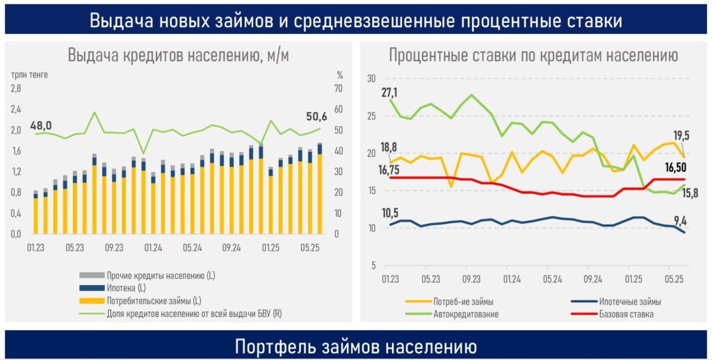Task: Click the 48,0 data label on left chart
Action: (x=41, y=125)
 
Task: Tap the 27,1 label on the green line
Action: (x=389, y=92)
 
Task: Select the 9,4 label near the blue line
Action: (x=681, y=222)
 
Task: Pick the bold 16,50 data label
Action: (x=677, y=167)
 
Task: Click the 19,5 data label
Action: (x=681, y=136)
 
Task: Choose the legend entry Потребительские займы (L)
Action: (x=154, y=300)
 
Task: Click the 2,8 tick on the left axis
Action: (x=16, y=88)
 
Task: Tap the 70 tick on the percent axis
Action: (x=339, y=88)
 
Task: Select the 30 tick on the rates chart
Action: (x=371, y=78)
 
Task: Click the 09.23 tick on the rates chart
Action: (x=471, y=279)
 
